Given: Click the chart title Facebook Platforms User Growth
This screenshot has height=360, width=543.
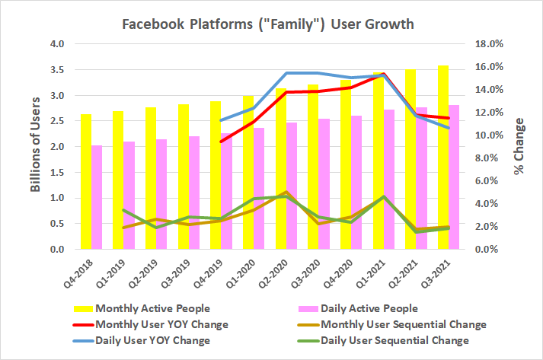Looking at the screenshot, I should click(x=269, y=24).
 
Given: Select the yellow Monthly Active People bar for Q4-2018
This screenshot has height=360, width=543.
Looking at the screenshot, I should click(x=86, y=182).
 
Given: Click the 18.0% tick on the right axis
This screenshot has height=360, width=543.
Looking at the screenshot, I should click(x=488, y=44).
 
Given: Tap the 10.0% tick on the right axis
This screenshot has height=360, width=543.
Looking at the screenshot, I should click(x=488, y=135).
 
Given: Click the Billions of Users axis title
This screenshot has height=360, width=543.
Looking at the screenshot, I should click(x=36, y=146).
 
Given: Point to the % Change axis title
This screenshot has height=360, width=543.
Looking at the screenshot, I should click(x=519, y=146).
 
